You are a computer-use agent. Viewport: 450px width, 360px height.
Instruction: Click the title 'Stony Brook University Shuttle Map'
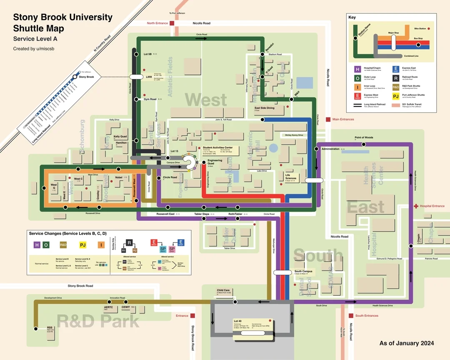(62, 23)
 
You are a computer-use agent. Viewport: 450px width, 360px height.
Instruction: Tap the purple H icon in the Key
(357, 70)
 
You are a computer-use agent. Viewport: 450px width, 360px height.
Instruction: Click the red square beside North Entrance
(172, 23)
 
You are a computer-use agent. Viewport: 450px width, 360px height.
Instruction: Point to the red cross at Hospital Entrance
(415, 206)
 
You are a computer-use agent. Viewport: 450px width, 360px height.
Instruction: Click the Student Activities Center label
(217, 147)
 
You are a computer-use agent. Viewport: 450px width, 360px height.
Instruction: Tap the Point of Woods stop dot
(364, 144)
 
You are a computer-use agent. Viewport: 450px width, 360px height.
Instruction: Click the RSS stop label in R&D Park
(50, 327)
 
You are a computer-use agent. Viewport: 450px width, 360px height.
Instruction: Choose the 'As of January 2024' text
(406, 343)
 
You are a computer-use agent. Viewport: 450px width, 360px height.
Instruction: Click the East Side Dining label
(265, 108)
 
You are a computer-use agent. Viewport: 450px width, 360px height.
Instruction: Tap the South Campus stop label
(303, 272)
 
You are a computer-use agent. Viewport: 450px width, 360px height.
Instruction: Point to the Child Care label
(223, 290)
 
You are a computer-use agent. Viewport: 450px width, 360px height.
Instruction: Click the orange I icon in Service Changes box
(102, 245)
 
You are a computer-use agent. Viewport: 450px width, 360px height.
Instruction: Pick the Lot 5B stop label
(148, 54)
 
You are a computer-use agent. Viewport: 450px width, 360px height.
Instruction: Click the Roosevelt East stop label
(165, 214)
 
